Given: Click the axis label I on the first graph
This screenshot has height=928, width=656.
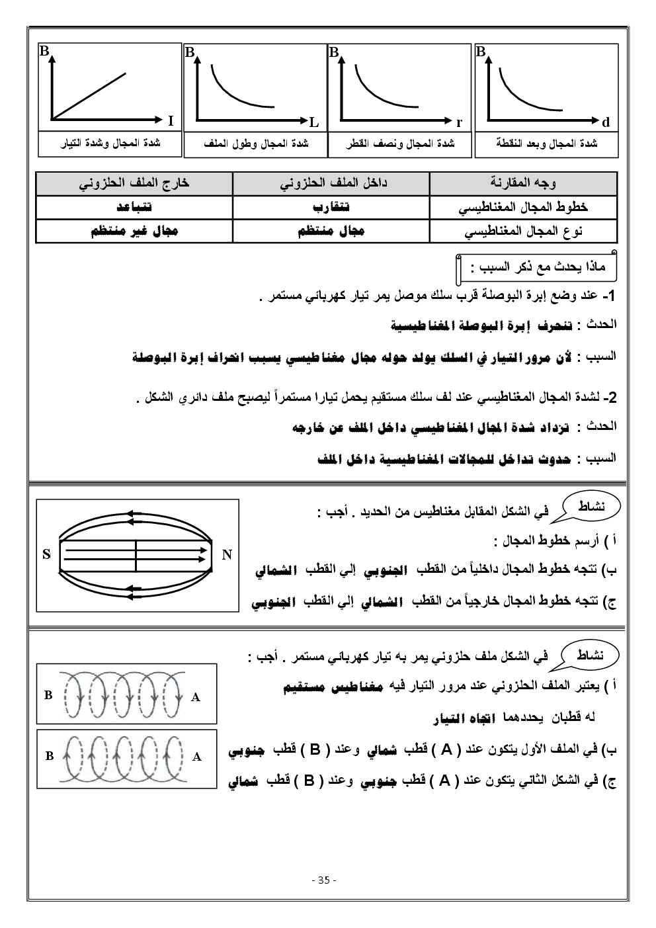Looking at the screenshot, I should pos(171,121).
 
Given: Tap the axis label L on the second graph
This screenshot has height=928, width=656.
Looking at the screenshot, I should pos(314,122).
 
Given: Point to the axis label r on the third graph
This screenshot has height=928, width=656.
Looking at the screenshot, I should pos(459,122).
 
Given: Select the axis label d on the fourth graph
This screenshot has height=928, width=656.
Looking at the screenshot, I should pos(606,122).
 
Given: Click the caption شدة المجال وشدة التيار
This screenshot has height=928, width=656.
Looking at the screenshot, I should pos(110,143).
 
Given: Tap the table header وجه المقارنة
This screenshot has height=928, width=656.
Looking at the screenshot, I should pos(523,183).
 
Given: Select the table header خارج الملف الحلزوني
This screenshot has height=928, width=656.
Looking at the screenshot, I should pos(134,183).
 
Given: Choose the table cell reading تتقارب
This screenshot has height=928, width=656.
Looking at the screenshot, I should pos(331,207).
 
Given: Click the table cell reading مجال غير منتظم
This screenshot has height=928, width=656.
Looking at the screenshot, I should pos(134,231).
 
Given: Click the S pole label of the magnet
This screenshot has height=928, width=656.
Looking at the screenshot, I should pos(46,554).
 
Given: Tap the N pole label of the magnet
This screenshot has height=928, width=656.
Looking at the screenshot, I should pos(227,554).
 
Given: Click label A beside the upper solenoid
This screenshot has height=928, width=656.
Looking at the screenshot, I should pos(196,696).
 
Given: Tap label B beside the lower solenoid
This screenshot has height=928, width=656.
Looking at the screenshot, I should pos(49,756).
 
